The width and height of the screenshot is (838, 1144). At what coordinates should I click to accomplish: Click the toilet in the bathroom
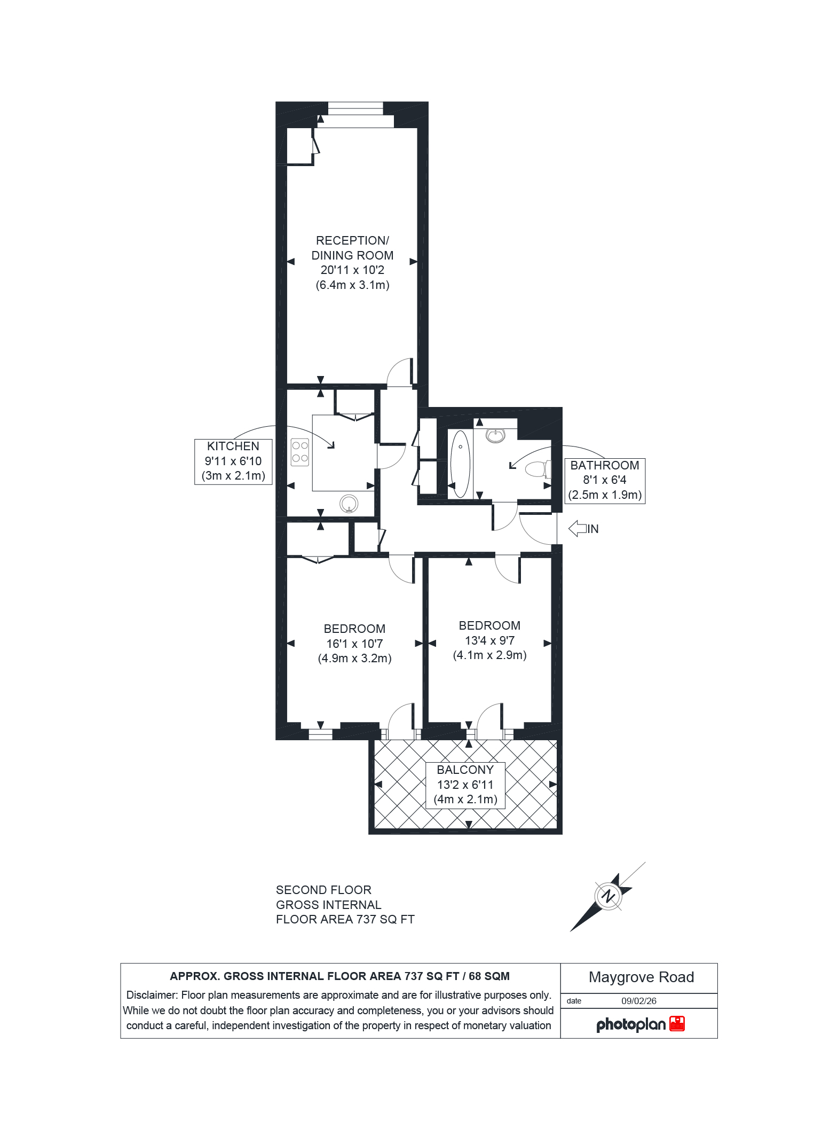[x=538, y=469]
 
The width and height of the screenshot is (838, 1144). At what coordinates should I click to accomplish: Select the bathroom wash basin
[x=496, y=435]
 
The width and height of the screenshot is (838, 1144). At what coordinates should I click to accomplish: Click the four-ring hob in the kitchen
[x=299, y=452]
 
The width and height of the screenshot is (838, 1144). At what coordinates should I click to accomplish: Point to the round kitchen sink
[x=349, y=503]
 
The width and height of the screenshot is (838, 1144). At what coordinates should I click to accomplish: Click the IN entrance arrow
[x=578, y=529]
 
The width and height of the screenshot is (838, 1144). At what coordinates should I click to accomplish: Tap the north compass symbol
[x=607, y=896]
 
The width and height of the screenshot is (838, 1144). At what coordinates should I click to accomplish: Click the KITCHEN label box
[x=233, y=461]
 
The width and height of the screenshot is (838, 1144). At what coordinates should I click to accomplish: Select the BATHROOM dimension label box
[x=605, y=480]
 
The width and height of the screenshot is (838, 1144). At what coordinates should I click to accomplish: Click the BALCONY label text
[x=465, y=770]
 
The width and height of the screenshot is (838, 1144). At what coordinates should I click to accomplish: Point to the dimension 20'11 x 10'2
[x=352, y=270]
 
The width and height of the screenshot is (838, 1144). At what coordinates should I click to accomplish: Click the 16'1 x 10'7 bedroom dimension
[x=354, y=644]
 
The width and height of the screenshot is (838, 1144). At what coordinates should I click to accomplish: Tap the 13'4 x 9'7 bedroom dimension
[x=489, y=640]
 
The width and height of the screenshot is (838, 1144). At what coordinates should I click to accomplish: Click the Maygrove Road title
[x=641, y=977]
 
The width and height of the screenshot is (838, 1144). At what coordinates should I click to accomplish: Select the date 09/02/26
[x=638, y=1001]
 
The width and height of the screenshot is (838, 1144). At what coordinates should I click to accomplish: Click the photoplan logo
[x=639, y=1024]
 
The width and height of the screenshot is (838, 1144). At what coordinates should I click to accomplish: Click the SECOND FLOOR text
[x=323, y=890]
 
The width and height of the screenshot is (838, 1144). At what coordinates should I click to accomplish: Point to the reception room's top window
[x=355, y=108]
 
